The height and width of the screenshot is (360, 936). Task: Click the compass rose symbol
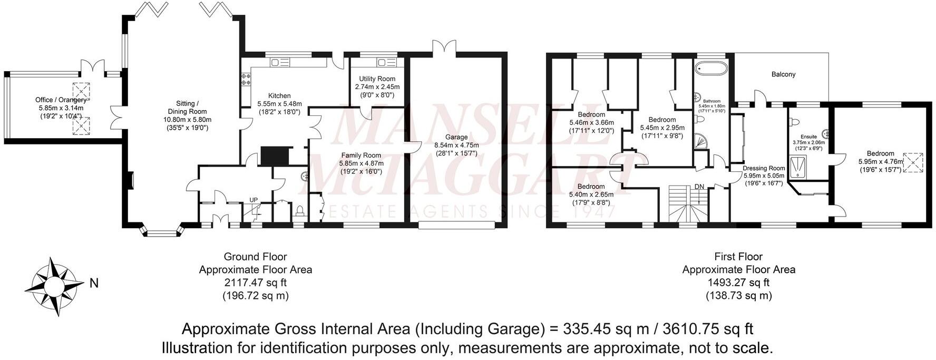pyautogui.click(x=52, y=286)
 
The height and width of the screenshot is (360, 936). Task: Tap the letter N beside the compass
pyautogui.click(x=94, y=284)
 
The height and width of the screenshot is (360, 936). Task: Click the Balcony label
pyautogui.click(x=783, y=74)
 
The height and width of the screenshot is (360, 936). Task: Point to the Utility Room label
pyautogui.click(x=377, y=79)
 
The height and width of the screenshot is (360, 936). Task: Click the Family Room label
pyautogui.click(x=360, y=155)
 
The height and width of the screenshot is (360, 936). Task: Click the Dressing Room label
pyautogui.click(x=764, y=169)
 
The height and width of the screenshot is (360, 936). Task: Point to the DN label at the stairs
pyautogui.click(x=699, y=187)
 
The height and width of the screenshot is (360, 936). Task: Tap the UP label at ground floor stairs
pyautogui.click(x=253, y=200)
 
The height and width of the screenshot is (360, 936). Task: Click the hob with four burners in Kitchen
pyautogui.click(x=246, y=80)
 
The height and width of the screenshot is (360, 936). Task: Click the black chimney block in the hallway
pyautogui.click(x=276, y=156)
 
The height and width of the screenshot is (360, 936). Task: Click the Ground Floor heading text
pyautogui.click(x=255, y=257)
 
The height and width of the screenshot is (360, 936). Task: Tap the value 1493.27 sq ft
pyautogui.click(x=738, y=283)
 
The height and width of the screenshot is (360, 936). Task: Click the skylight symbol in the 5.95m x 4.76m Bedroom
pyautogui.click(x=914, y=162)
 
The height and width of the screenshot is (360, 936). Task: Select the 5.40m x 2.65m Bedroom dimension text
pyautogui.click(x=592, y=194)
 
